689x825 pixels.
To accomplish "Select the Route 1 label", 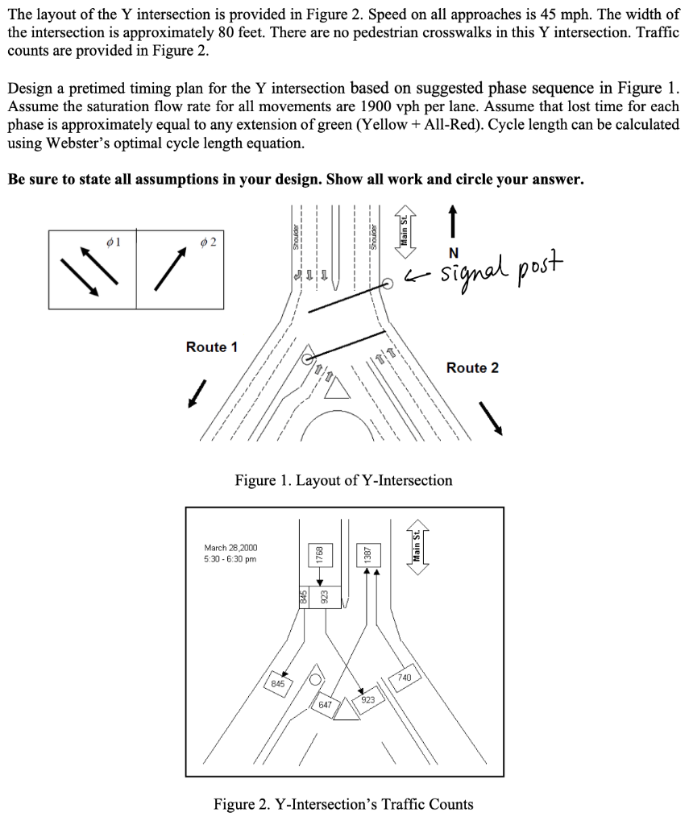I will tap(212, 347).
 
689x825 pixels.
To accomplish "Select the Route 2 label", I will tap(472, 368).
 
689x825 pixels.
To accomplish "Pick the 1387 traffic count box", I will tap(367, 556).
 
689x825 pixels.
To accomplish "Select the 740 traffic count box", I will tap(404, 678).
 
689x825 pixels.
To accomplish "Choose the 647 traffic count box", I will tap(325, 704).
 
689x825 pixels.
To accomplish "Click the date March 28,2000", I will tap(230, 547).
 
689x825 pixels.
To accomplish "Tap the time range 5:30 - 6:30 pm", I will tap(230, 559).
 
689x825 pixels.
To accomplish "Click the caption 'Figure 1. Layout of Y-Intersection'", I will tap(343, 481).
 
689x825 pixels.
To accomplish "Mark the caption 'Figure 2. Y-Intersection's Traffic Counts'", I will tap(343, 804).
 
